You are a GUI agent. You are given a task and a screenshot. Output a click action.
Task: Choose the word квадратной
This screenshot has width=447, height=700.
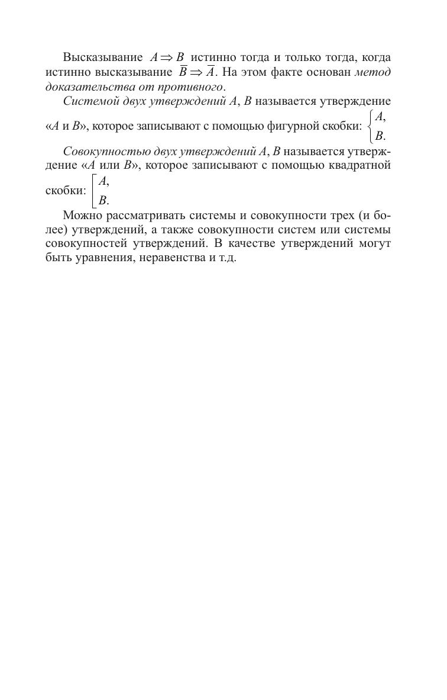(x=359, y=165)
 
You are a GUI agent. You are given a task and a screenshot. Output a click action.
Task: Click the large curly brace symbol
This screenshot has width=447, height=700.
(x=370, y=126)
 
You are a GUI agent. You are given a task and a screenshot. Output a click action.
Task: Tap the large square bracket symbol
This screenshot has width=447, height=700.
(x=94, y=190)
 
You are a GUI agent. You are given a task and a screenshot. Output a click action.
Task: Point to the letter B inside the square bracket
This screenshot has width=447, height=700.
(x=102, y=200)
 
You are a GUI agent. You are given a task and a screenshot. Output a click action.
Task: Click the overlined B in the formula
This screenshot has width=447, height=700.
(x=183, y=72)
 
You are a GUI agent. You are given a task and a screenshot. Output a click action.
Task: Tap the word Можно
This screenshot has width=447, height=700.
(x=83, y=215)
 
